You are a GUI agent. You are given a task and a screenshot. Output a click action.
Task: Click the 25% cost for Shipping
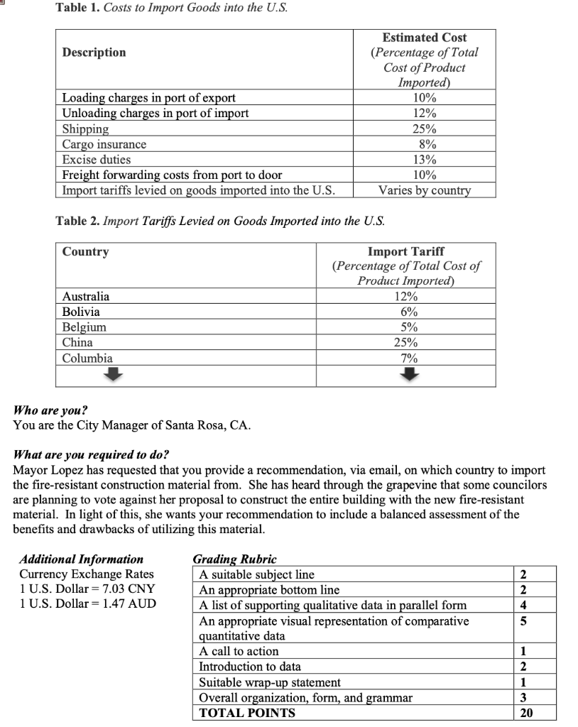click(x=425, y=129)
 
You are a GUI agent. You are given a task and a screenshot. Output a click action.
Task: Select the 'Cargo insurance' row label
click(x=104, y=145)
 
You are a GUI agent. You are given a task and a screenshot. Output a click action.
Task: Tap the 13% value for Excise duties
click(x=425, y=160)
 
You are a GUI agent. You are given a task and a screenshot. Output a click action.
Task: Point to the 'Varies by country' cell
click(x=425, y=190)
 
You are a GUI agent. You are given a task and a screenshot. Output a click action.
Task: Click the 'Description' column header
click(x=94, y=53)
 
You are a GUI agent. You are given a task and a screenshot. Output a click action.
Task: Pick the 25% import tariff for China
click(x=405, y=342)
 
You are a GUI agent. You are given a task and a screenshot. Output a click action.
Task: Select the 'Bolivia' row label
click(x=81, y=312)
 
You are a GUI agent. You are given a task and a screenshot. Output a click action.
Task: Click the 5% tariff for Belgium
click(x=405, y=327)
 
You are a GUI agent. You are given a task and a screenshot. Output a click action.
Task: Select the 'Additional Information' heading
click(x=82, y=559)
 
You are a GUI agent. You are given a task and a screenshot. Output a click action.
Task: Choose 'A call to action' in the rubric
click(x=239, y=651)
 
